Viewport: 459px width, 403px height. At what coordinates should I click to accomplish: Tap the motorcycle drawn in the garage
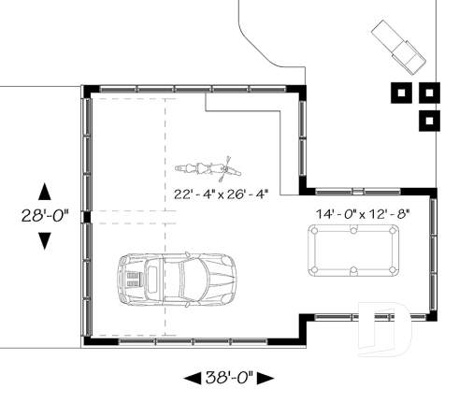pyautogui.click(x=208, y=169)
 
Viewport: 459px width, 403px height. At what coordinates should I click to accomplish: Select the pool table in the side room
pyautogui.click(x=360, y=252)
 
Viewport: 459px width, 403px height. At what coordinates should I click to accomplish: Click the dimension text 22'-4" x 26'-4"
pyautogui.click(x=221, y=194)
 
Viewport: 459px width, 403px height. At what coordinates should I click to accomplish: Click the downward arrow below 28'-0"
pyautogui.click(x=43, y=241)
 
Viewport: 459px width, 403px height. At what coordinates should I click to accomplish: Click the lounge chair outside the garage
pyautogui.click(x=400, y=44)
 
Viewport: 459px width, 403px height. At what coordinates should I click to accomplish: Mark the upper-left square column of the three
pyautogui.click(x=401, y=94)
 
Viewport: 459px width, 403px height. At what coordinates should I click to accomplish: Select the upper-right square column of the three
pyautogui.click(x=429, y=94)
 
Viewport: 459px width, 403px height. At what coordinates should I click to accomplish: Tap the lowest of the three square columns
pyautogui.click(x=429, y=120)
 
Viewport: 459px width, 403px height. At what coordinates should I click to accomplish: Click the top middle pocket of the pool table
pyautogui.click(x=360, y=232)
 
